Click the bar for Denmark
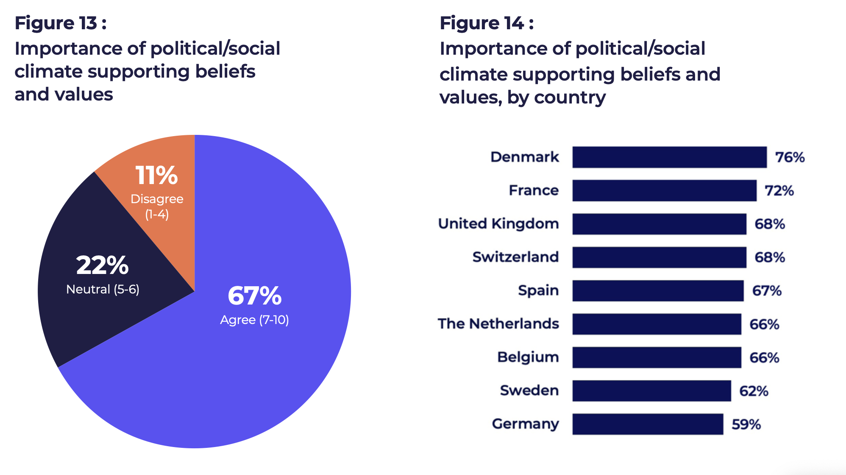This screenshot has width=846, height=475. tap(669, 157)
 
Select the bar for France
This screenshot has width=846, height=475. tap(664, 190)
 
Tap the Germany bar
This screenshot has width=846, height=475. tap(648, 424)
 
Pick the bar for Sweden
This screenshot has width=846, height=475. tap(651, 391)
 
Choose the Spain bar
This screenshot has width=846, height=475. tap(658, 291)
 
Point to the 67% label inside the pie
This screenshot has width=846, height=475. tap(254, 296)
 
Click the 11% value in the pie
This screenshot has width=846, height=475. tap(156, 175)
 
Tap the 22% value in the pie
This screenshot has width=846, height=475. tap(103, 265)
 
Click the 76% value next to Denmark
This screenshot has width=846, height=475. tap(790, 157)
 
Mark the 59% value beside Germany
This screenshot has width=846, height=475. tap(746, 424)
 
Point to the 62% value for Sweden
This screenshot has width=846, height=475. tap(754, 391)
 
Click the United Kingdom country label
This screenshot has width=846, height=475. tap(498, 224)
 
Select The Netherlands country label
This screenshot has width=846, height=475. tap(498, 324)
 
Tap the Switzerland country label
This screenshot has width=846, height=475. tap(515, 257)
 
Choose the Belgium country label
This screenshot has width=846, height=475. tap(528, 357)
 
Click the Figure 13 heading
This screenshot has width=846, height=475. tap(61, 23)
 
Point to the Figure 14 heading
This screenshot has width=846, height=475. tap(487, 23)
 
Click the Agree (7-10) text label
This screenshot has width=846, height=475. tap(254, 320)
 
